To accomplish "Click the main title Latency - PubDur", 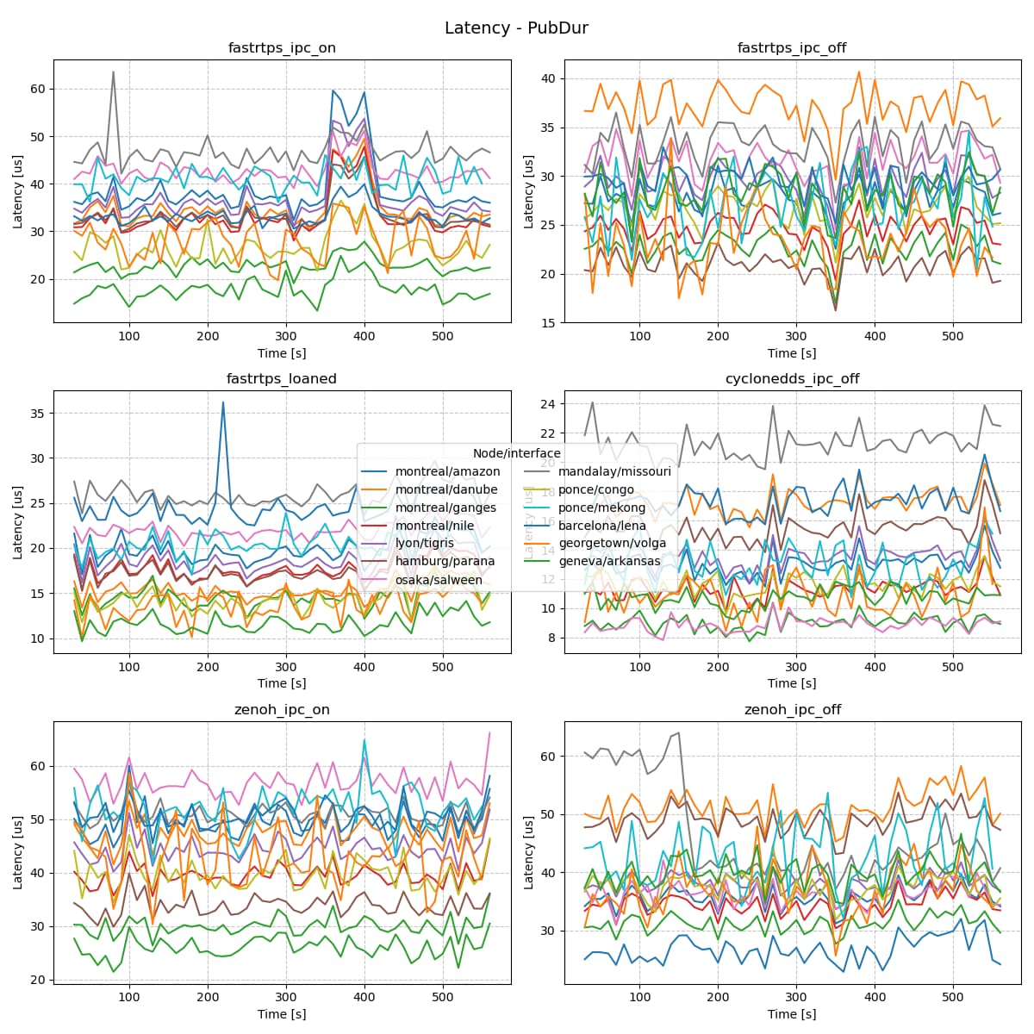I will [516, 28].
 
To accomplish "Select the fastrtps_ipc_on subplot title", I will [282, 48].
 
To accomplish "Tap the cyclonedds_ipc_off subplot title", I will [792, 379].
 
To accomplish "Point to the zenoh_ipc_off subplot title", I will [792, 710].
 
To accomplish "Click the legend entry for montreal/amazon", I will [447, 471].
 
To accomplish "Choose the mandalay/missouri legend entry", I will [614, 471].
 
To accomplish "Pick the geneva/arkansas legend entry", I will [609, 562].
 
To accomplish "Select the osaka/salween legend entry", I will [439, 580].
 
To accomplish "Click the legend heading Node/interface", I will [516, 453].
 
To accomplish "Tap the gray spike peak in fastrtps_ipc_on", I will [113, 72].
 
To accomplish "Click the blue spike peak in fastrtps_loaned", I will [223, 402].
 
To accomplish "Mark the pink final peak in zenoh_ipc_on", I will [489, 732].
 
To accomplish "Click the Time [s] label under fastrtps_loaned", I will [282, 683].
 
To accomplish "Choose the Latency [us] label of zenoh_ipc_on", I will [18, 852].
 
